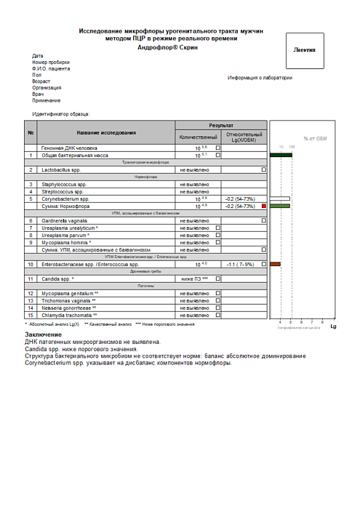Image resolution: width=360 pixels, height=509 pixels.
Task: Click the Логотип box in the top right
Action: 304,51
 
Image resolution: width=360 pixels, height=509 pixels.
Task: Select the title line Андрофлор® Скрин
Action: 172,46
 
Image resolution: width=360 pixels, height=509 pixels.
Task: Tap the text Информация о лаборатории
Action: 260,78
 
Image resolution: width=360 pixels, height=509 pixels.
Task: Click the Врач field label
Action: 38,94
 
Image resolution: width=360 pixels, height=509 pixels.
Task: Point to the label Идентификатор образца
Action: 61,113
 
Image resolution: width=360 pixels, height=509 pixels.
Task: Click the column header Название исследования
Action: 106,132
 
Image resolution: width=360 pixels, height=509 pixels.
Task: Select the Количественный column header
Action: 198,137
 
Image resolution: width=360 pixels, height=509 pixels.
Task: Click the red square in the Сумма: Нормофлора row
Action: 264,207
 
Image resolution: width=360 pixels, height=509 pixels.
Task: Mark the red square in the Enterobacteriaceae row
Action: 264,264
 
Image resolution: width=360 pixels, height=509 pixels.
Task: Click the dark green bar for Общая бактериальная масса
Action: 280,155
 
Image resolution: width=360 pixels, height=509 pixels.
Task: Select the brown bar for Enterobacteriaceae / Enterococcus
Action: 275,264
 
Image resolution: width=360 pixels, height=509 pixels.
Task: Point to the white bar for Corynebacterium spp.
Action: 279,199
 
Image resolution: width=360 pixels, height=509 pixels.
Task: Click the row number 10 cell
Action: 31,264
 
